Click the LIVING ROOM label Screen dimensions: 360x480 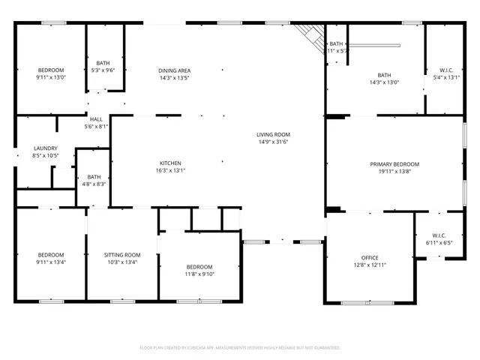(273, 134)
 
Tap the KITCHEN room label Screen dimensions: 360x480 (170, 163)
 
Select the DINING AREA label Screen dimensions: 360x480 (173, 70)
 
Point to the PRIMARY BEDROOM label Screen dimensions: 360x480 (394, 164)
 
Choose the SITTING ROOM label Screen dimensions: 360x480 (122, 255)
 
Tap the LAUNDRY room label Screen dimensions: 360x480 (45, 148)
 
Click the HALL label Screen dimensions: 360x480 (96, 119)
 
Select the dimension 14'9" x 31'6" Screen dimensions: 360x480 (273, 142)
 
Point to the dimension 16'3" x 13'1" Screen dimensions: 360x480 (170, 170)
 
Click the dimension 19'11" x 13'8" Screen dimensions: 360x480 (394, 172)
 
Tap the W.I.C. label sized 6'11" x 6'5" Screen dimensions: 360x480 (439, 236)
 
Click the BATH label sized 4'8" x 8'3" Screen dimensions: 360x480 (94, 177)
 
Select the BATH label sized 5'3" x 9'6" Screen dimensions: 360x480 (103, 63)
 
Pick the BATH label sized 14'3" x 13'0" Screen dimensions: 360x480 (384, 75)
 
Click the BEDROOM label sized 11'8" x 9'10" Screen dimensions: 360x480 (199, 267)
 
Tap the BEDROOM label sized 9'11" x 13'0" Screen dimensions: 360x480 (50, 70)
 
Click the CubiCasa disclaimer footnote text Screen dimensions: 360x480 (240, 348)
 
